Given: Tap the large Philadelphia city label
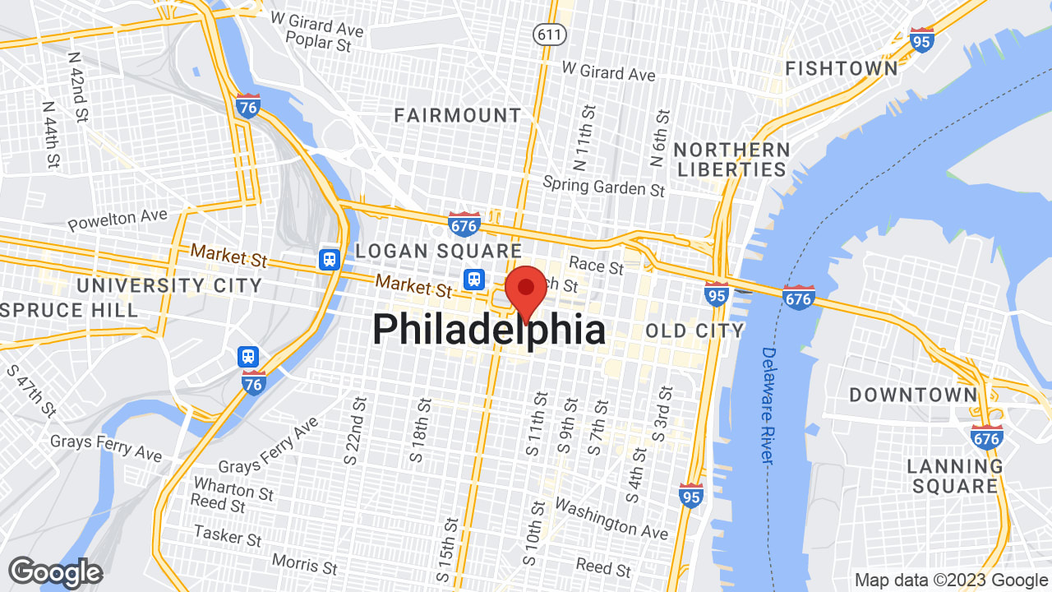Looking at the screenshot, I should [x=489, y=331].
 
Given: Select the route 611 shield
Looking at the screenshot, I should [x=547, y=34].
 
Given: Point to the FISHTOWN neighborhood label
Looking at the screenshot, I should [x=842, y=68].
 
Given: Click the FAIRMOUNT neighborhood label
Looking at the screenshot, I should [x=458, y=116].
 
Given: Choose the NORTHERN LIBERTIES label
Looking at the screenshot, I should [x=731, y=160].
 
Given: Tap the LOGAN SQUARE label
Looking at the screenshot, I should [x=438, y=251].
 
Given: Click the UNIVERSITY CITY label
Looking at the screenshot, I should [x=169, y=286].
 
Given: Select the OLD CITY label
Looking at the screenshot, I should [x=694, y=331].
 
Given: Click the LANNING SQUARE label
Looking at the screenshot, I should [x=955, y=476].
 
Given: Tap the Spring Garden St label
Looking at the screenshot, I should [x=604, y=187].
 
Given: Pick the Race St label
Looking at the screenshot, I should [x=597, y=265].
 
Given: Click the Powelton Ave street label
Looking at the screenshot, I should [x=118, y=220].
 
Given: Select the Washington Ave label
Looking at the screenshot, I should [x=611, y=516].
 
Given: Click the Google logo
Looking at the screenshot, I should [x=55, y=572].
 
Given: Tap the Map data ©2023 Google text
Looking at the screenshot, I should [x=950, y=580].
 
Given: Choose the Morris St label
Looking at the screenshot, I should [x=304, y=566].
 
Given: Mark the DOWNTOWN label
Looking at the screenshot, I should [x=913, y=395].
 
